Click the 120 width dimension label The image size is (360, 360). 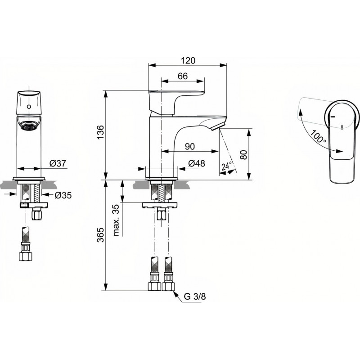[188, 61]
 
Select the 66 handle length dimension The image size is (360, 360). [183, 76]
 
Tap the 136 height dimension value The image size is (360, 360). [100, 132]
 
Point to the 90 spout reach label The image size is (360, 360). [189, 147]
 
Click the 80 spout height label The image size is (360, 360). [243, 154]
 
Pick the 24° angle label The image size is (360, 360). [226, 166]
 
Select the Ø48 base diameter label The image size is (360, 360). [197, 163]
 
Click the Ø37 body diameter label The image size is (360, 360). [58, 163]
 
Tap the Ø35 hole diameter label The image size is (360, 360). [63, 195]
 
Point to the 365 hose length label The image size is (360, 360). [100, 235]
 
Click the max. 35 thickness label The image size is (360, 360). [117, 220]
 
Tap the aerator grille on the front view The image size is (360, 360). [28, 126]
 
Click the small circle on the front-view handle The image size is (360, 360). [29, 107]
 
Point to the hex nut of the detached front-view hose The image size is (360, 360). [25, 256]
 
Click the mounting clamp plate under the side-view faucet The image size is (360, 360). [160, 205]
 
